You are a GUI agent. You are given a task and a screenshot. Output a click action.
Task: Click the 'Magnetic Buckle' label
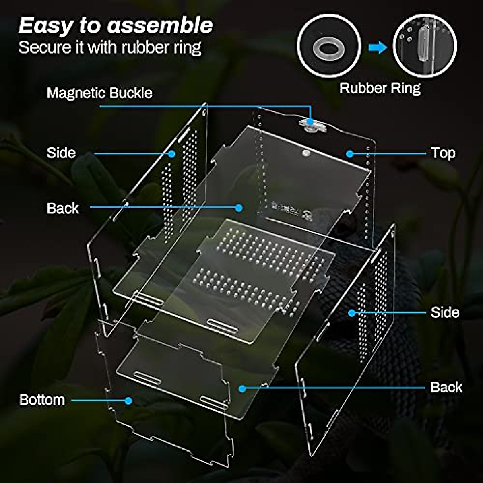(x=99, y=93)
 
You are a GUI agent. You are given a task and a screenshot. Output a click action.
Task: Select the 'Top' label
(x=443, y=153)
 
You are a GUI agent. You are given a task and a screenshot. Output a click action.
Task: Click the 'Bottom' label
(x=42, y=400)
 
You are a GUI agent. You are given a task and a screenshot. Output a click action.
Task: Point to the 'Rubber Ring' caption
(x=380, y=88)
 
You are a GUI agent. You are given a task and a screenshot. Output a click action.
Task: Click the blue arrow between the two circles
(x=377, y=47)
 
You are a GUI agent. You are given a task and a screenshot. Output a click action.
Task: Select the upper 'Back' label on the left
(x=63, y=208)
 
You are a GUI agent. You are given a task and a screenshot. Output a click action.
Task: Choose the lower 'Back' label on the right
(x=446, y=387)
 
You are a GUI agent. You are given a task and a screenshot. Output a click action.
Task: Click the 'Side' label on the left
(x=61, y=153)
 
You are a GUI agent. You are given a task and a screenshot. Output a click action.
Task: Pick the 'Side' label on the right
(x=444, y=312)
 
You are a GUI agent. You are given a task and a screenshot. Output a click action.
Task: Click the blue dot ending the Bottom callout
(x=128, y=400)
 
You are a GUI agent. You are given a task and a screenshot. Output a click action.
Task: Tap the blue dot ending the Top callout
(x=350, y=153)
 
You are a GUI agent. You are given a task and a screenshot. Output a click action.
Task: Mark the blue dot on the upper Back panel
(x=239, y=208)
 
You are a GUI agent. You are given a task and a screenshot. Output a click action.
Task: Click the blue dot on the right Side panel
(x=352, y=313)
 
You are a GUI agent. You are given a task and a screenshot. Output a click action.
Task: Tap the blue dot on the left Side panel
(x=172, y=153)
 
